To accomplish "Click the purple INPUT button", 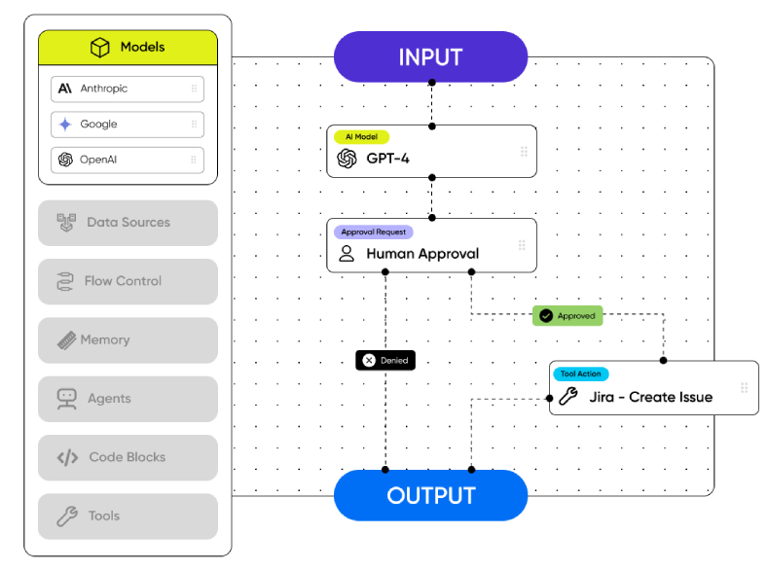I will [430, 56].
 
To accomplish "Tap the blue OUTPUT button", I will [430, 496].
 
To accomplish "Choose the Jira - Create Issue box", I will [653, 389].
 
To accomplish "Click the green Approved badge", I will [568, 316].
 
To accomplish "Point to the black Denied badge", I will [385, 360].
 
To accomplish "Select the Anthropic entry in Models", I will [128, 89].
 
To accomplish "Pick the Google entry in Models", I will [128, 125].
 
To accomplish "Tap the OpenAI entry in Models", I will [128, 160].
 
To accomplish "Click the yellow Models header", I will [128, 48].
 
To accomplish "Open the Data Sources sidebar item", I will [128, 223].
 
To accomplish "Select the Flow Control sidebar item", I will [128, 281].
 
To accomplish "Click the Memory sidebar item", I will [128, 340].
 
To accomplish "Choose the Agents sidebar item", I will [128, 399].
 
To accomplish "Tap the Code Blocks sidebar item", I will [128, 457].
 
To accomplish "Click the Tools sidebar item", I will [128, 517].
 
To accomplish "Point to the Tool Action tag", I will [581, 374].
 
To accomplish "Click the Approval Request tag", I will [374, 232].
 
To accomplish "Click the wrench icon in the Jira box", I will [568, 396].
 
